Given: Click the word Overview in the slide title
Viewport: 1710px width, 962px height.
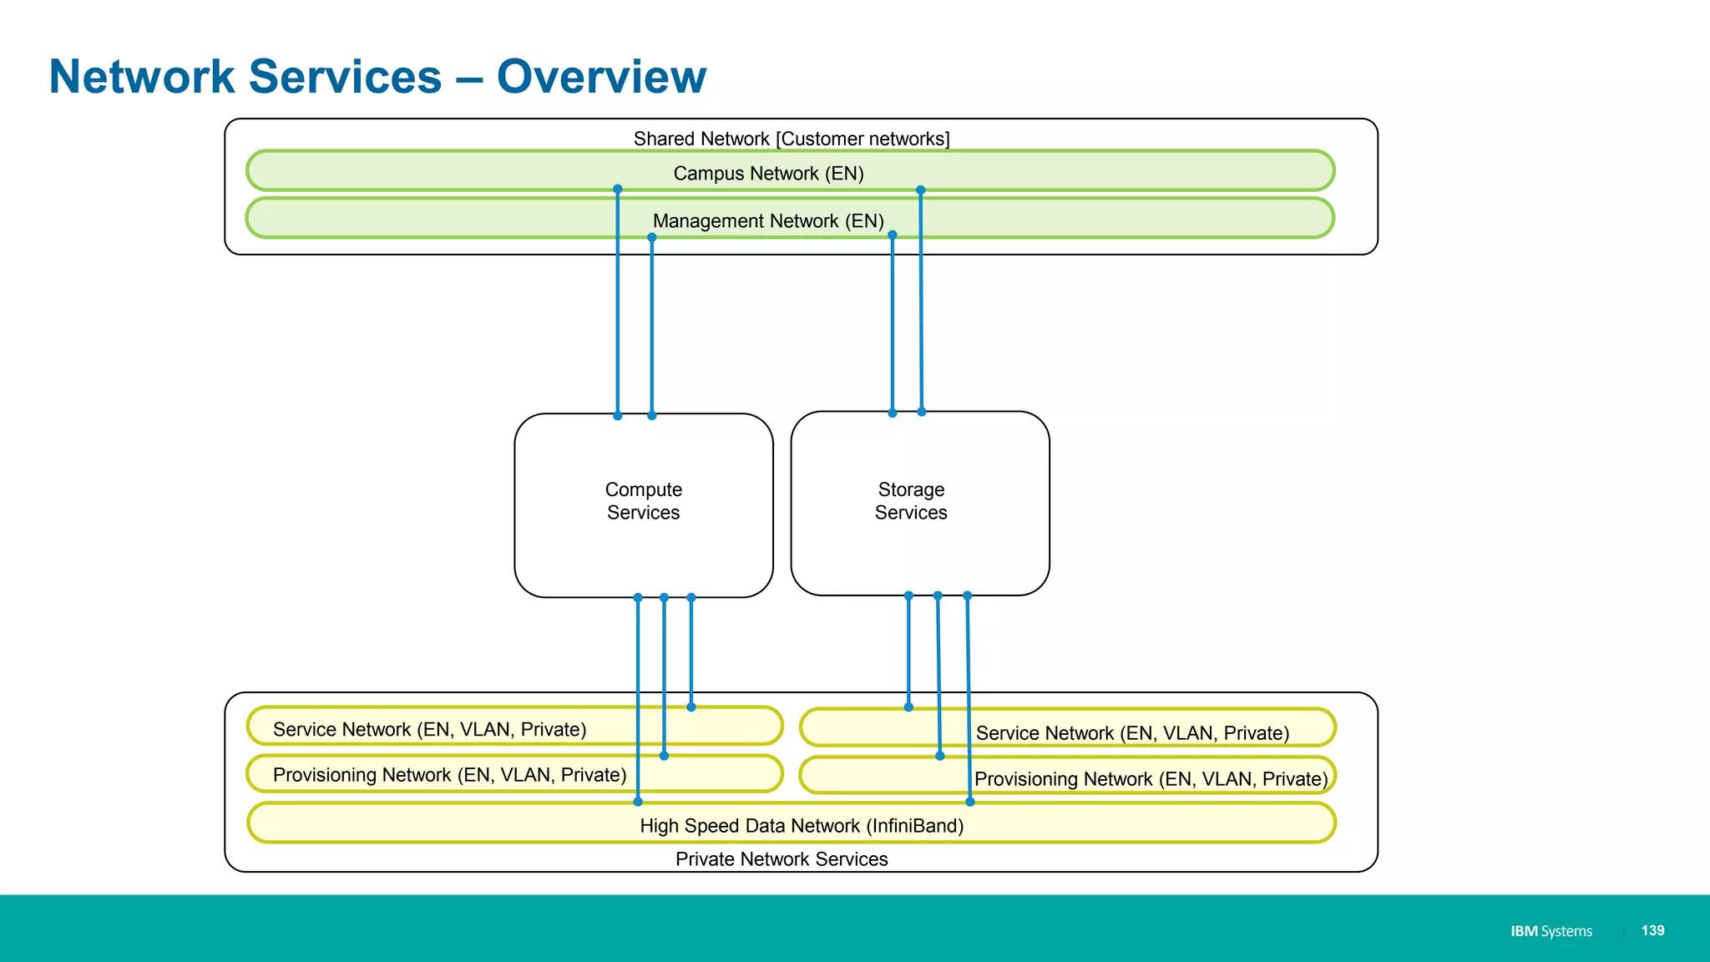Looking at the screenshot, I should coord(601,77).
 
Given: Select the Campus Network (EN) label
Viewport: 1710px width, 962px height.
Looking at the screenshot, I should coord(768,174).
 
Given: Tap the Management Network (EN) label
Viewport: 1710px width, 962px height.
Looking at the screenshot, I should coord(768,221).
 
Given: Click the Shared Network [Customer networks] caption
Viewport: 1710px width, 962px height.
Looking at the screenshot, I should coord(792,139).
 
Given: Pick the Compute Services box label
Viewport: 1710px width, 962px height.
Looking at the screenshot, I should coord(643,501).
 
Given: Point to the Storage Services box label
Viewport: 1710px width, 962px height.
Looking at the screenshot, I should coord(911,501).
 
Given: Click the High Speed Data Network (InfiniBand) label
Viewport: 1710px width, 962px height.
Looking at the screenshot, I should coord(802,826).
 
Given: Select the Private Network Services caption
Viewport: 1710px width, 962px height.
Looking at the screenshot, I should coord(782,859).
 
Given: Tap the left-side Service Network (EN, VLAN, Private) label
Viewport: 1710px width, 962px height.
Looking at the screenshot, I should coord(429,730).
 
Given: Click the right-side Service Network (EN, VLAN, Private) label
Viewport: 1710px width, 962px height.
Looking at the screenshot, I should coord(1132,733).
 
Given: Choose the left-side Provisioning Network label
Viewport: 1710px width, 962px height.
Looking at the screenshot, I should coord(449,775).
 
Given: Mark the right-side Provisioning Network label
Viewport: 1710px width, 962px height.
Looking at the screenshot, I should coord(1151,779).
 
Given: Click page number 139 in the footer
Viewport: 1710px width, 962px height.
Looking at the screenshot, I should coord(1652,930).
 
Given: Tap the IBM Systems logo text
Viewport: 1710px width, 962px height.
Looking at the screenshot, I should coord(1551,931).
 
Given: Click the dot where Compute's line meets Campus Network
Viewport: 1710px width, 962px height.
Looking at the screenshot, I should coord(618,190).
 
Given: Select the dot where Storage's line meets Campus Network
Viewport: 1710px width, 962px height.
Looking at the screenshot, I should coord(920,190).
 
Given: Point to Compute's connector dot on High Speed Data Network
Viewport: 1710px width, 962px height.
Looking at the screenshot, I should coord(638,802).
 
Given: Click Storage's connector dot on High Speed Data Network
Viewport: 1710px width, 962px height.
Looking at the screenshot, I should coord(969,802).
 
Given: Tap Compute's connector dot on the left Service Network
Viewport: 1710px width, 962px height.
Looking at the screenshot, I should coord(691,707).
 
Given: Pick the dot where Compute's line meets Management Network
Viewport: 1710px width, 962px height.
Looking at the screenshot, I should coord(652,238).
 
